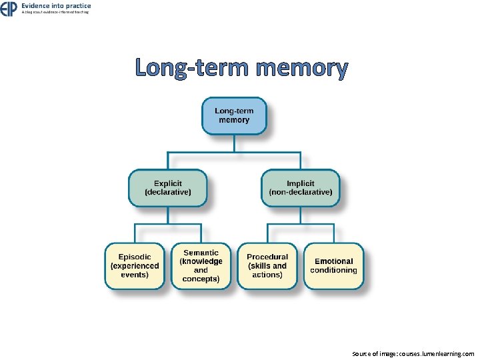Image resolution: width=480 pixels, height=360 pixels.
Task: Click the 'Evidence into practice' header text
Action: coord(56,5)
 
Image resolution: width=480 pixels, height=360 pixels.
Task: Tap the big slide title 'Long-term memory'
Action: coord(241,68)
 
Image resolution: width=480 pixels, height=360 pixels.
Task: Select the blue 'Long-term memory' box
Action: coord(233,115)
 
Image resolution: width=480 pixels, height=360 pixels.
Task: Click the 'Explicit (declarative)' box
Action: coord(168,187)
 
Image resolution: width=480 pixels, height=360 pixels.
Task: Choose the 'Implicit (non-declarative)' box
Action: coord(300,187)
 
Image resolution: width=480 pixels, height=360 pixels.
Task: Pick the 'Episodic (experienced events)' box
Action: coord(135,265)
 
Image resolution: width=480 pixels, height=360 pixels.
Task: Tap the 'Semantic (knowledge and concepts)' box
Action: coord(201,265)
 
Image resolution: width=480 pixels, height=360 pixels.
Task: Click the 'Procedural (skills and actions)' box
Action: coord(267,265)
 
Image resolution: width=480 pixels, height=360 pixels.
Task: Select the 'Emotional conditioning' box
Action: coord(333,265)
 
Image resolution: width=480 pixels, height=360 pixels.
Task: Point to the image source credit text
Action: coord(413,354)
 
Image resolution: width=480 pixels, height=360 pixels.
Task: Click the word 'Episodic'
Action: coord(135,257)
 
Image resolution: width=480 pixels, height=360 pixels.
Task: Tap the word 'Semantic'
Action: coord(201,253)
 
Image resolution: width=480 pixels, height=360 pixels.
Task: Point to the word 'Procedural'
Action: coord(267,257)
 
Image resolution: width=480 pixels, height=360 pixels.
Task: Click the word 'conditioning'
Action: coord(333,270)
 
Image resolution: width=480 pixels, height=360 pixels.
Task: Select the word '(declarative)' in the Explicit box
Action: coord(168,192)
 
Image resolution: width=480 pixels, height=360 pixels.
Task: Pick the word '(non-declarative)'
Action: coord(300,192)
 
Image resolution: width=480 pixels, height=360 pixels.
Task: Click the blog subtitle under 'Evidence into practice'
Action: coord(55,12)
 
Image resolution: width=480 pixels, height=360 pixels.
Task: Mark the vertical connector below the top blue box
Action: coord(233,143)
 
